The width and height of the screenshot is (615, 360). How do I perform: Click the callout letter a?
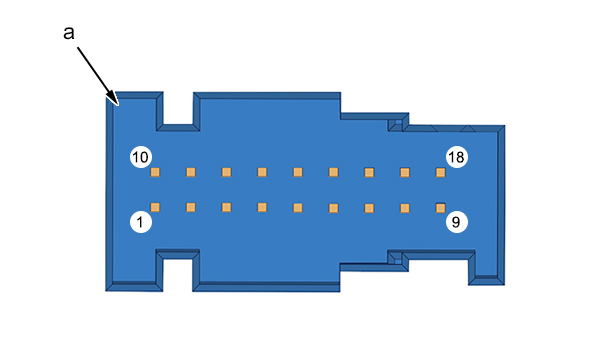[69, 33]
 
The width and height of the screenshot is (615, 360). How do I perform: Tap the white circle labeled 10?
[141, 157]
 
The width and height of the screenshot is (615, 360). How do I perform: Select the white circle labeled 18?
[457, 157]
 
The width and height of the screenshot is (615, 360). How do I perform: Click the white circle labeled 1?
[141, 222]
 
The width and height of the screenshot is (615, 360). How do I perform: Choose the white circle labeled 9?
[457, 222]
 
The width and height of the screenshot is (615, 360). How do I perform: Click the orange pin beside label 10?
[155, 172]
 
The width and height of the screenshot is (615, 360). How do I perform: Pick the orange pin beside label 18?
[440, 172]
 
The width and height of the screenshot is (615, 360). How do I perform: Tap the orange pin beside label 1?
[155, 207]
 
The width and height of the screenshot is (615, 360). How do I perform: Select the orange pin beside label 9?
[440, 208]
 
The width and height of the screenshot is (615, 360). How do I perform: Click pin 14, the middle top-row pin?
[298, 172]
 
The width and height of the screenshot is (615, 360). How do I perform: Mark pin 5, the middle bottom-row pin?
[298, 207]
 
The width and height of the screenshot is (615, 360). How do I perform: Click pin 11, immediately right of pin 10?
[191, 172]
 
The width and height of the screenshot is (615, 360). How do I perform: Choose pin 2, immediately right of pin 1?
[191, 207]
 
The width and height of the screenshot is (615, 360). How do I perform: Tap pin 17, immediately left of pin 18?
[405, 172]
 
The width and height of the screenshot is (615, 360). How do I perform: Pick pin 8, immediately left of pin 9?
[405, 208]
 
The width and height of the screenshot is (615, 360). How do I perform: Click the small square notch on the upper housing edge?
[398, 123]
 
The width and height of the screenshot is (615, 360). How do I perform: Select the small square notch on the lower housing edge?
[398, 261]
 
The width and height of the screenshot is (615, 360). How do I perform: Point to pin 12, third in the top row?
[226, 172]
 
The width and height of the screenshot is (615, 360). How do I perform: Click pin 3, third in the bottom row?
[226, 207]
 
